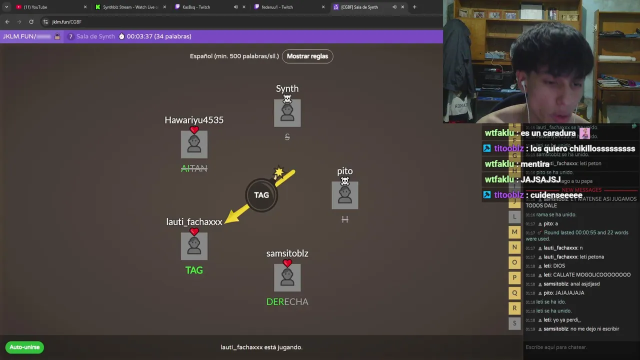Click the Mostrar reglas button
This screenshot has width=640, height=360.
pyautogui.click(x=307, y=56)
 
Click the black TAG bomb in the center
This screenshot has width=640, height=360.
pyautogui.click(x=261, y=195)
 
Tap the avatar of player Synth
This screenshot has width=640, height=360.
pyautogui.click(x=287, y=113)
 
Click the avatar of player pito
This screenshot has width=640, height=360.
pyautogui.click(x=344, y=195)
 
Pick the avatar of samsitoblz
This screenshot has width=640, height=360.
pyautogui.click(x=287, y=278)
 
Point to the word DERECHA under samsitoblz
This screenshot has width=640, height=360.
pyautogui.click(x=287, y=301)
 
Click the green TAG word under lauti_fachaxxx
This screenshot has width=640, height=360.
pyautogui.click(x=194, y=270)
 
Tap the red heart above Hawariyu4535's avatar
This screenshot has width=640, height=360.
pyautogui.click(x=194, y=130)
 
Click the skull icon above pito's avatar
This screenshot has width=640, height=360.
pyautogui.click(x=344, y=181)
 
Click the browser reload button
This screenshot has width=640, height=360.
pyautogui.click(x=31, y=22)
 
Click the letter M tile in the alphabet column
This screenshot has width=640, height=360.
pyautogui.click(x=514, y=232)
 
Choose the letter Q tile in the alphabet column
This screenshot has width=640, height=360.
pyautogui.click(x=514, y=293)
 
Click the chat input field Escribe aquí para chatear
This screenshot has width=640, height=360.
pyautogui.click(x=580, y=347)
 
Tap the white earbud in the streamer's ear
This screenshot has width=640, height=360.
pyautogui.click(x=523, y=84)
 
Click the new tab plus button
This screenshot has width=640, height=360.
pyautogui.click(x=414, y=7)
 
